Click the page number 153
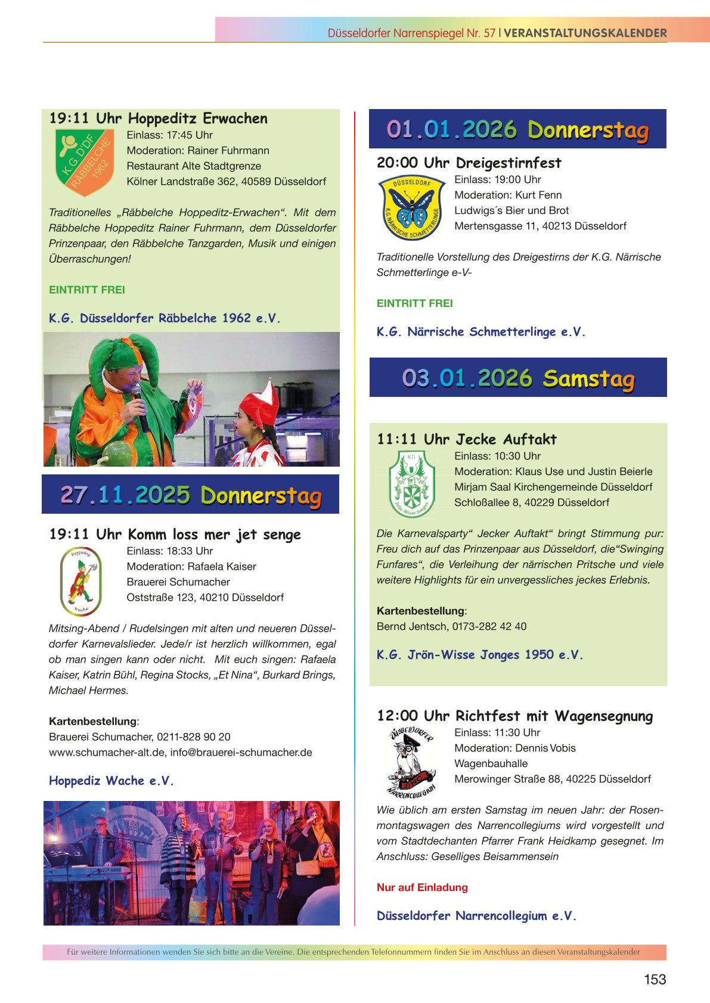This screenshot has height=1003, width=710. coord(655,979)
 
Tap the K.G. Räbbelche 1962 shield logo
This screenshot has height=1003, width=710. coord(84,162)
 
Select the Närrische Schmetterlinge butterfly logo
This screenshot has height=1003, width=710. coord(412,207)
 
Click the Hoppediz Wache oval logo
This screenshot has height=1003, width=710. coord(81,580)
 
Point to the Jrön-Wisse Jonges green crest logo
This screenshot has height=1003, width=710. coord(411,484)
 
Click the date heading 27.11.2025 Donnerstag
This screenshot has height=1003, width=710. coord(191,495)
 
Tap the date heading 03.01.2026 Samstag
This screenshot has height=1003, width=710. coord(518,378)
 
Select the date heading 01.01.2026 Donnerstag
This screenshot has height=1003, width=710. coord(517,129)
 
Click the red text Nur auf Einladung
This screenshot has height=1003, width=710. coord(422,887)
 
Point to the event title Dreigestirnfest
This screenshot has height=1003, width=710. coord(509,163)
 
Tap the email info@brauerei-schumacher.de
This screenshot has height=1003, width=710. coord(241,752)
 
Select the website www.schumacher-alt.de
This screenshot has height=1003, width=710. coord(107,752)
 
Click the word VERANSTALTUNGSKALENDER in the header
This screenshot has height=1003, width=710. coord(585,33)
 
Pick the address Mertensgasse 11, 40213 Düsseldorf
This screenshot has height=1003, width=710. coord(540,226)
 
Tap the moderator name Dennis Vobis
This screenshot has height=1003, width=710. coord(545,748)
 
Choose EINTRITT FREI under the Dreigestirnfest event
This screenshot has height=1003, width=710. coord(415,303)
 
